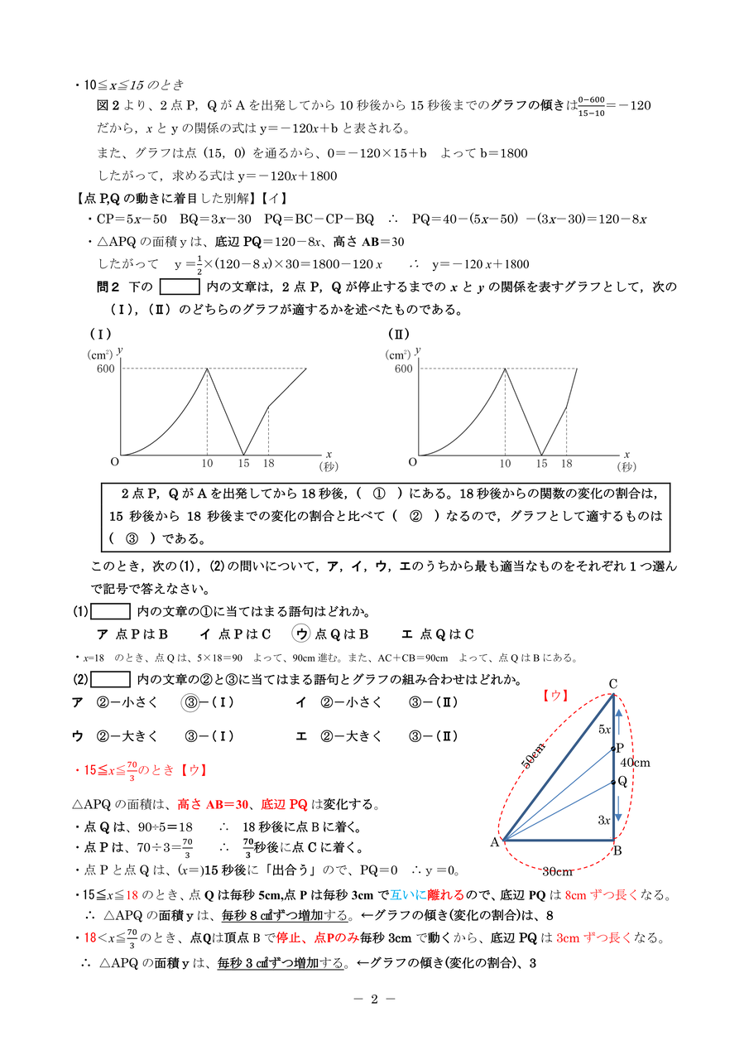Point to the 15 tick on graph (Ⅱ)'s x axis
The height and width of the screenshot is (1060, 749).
542,463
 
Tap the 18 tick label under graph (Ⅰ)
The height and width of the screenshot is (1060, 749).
268,463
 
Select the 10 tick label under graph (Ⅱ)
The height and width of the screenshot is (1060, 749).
504,463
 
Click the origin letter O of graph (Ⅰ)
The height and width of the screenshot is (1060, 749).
114,461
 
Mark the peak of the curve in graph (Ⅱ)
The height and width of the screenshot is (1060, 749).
505,369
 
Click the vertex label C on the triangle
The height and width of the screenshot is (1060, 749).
613,683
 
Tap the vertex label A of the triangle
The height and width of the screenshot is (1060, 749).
494,842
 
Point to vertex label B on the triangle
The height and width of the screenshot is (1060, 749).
618,850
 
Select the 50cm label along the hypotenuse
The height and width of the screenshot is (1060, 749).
533,755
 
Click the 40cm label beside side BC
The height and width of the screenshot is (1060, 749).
636,762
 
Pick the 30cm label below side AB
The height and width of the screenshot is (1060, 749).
557,871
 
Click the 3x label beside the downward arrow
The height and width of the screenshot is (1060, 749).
603,820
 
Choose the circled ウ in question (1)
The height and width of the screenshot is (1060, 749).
301,634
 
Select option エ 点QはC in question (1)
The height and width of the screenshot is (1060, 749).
437,634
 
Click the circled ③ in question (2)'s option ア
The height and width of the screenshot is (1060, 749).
190,702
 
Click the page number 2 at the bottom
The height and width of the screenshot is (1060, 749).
373,998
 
